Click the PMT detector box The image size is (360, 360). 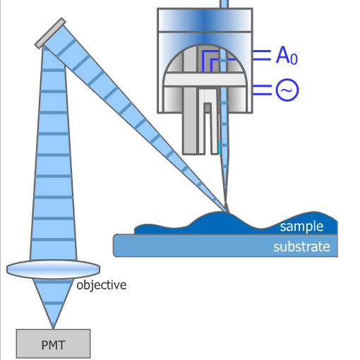coord(53,344)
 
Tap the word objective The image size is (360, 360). coord(102,285)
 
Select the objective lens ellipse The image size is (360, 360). coord(54,270)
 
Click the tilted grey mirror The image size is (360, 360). coord(50,33)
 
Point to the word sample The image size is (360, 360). coord(301,227)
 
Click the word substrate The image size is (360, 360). coord(301,247)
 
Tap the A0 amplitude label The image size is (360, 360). coord(287,55)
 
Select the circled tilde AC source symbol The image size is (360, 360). coord(287,90)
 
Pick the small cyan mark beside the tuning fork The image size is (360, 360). coord(220,148)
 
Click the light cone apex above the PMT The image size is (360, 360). coord(54,328)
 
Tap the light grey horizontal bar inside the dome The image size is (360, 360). coord(205,80)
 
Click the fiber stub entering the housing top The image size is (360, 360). coord(224,4)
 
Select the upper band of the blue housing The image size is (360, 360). coord(205,20)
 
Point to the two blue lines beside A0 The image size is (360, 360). coord(262,55)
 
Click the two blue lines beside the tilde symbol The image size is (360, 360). coord(262,90)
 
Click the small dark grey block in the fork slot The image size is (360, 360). coord(208,108)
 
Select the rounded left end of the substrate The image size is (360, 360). coord(116,246)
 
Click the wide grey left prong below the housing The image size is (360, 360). coord(190,133)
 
